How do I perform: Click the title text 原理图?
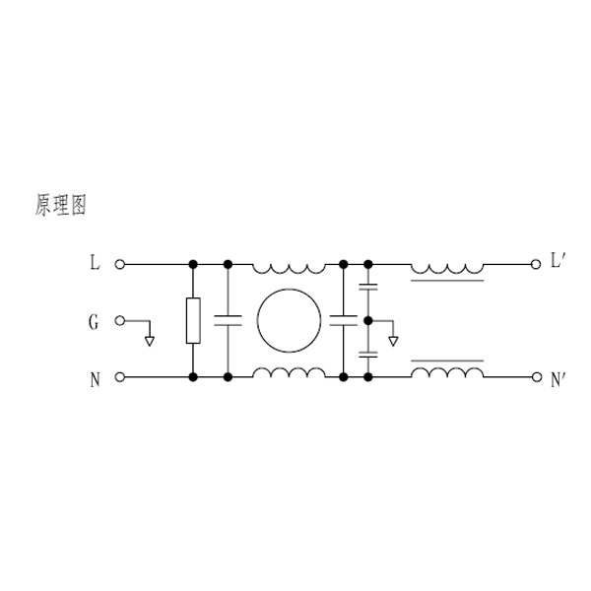pyautogui.click(x=61, y=205)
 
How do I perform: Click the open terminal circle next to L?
pyautogui.click(x=119, y=265)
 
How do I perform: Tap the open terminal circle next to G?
pyautogui.click(x=119, y=321)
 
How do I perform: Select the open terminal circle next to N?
pyautogui.click(x=119, y=377)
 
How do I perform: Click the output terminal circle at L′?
pyautogui.click(x=536, y=265)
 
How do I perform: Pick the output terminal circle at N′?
pyautogui.click(x=537, y=377)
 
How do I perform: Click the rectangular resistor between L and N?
pyautogui.click(x=193, y=321)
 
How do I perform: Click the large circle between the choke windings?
pyautogui.click(x=289, y=321)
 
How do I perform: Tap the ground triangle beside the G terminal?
pyautogui.click(x=150, y=342)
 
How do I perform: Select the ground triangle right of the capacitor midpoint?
pyautogui.click(x=393, y=342)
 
